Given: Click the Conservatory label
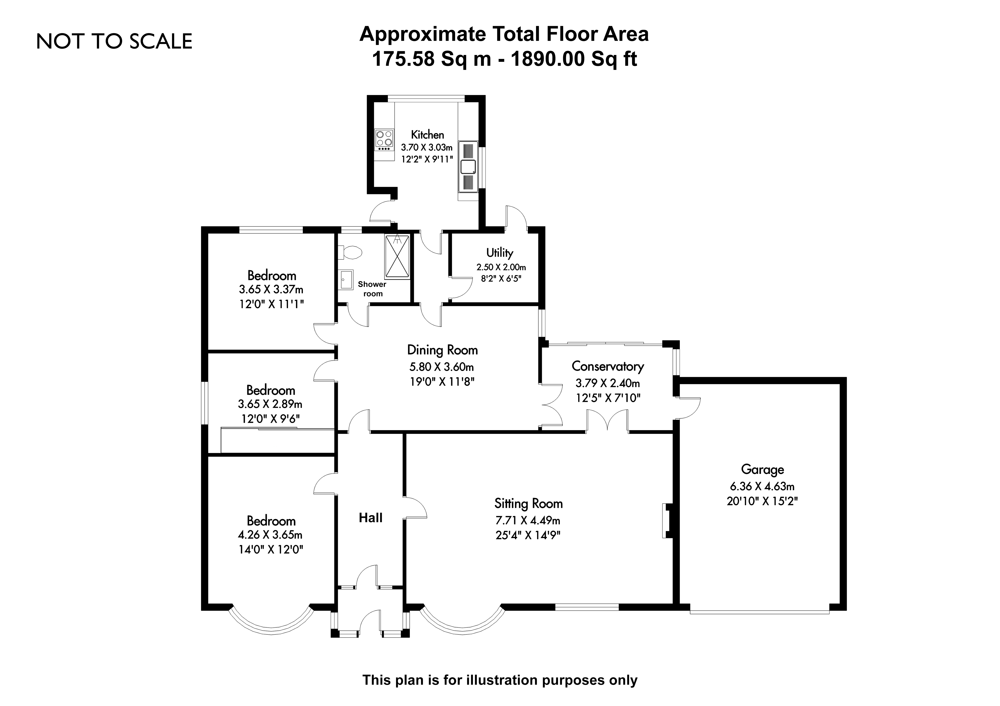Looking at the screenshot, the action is coord(607,366).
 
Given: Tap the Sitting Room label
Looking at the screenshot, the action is coord(528,504).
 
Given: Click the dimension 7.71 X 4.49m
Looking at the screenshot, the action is coord(528,520).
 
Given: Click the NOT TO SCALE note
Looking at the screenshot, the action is coord(114,41).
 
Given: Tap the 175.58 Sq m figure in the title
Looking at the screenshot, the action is coord(431,59).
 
